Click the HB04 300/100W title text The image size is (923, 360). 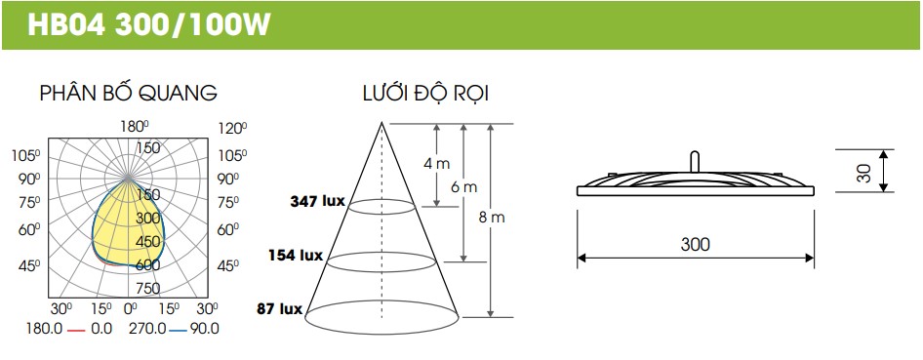pos(149,25)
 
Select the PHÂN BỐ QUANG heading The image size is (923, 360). pos(129,93)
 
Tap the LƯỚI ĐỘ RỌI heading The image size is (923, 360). pos(425,94)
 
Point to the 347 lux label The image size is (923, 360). pos(317,201)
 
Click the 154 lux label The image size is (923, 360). pos(296,256)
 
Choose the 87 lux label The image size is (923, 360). pos(280,309)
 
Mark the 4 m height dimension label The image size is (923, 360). pos(436,164)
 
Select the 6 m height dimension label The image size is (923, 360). pos(464,187)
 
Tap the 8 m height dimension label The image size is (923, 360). pos(492,217)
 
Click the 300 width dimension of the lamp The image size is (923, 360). pos(696,244)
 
